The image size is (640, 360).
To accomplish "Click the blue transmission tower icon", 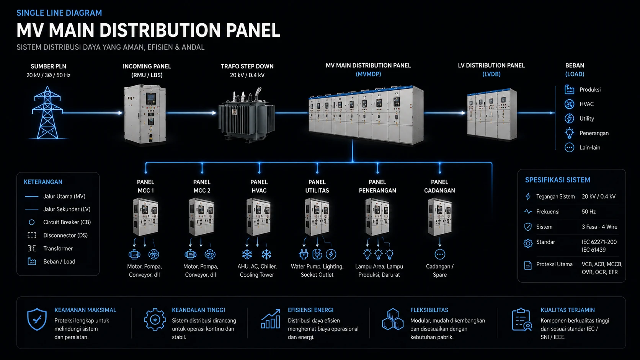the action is point(47,113).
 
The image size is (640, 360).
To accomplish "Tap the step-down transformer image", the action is point(247,116).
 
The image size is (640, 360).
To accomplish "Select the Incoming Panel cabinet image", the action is point(145,114).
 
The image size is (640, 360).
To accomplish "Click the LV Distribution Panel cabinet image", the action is point(492,114).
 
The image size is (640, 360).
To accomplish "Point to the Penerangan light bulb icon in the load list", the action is point(569,133).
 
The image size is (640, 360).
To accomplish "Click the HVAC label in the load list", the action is point(586,104).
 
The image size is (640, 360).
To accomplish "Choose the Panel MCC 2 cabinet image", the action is point(201,217).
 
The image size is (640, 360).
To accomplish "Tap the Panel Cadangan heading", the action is point(439,186).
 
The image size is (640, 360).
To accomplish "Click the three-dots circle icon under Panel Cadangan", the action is point(440,254).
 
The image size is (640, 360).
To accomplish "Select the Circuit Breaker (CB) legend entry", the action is point(67,222).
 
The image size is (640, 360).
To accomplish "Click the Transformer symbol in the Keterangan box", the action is point(32,248).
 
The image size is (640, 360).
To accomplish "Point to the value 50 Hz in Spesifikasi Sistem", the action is point(589,212).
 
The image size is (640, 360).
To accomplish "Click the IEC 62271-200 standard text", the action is point(599,242).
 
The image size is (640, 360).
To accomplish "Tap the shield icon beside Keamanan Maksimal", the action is point(37,319).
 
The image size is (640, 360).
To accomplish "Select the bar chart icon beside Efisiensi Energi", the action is point(271,319).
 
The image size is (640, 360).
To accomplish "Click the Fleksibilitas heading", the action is point(429,310).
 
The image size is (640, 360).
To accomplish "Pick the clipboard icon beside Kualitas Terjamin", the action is point(521,320).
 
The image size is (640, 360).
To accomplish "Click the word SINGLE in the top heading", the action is point(28,13).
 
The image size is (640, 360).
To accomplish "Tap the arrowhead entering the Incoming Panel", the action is point(120,113).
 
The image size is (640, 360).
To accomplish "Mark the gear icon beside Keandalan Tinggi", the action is point(155,319).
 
